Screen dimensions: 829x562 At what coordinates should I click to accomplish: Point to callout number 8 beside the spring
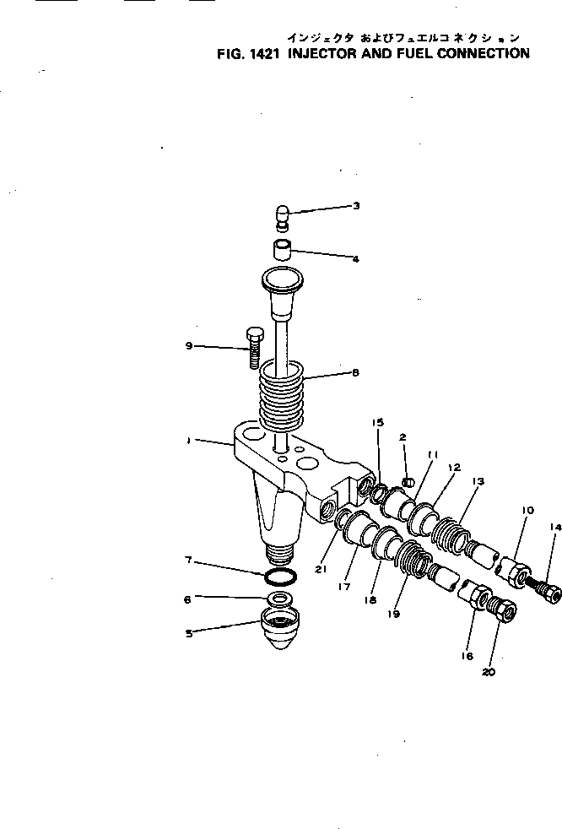point(355,371)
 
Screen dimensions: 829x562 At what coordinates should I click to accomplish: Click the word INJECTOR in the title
point(325,54)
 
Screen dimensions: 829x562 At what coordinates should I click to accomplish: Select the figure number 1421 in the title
point(258,54)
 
